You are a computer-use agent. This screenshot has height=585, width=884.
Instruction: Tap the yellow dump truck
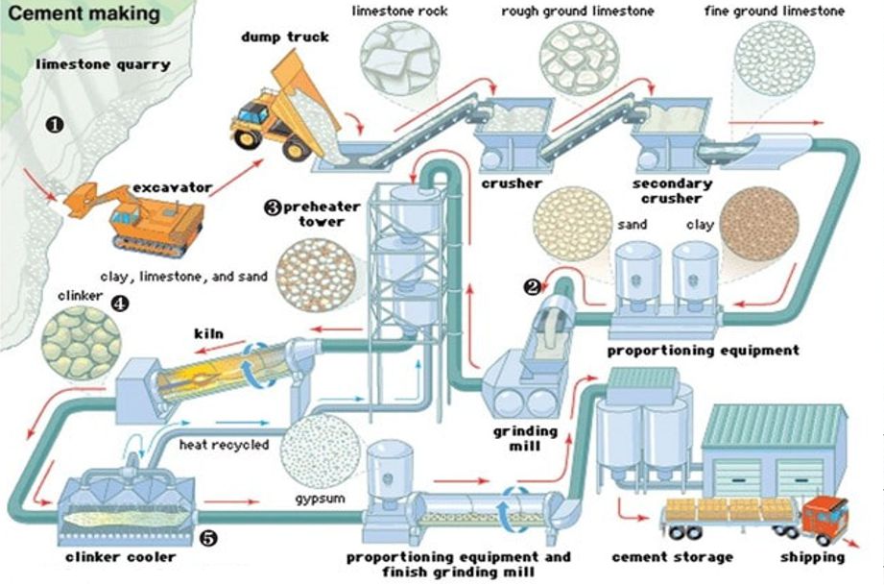click(x=278, y=106)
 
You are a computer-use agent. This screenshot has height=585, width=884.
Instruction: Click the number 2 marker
click(x=530, y=285)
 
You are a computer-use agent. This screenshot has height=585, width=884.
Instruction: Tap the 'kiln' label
click(x=208, y=333)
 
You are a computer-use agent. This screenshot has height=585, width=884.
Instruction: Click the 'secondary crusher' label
click(x=673, y=190)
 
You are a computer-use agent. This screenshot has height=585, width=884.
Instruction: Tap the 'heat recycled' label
click(x=224, y=446)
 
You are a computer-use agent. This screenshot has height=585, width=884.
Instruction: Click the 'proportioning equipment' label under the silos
click(x=703, y=351)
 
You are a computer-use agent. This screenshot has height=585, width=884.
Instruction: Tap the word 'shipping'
click(x=812, y=557)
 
